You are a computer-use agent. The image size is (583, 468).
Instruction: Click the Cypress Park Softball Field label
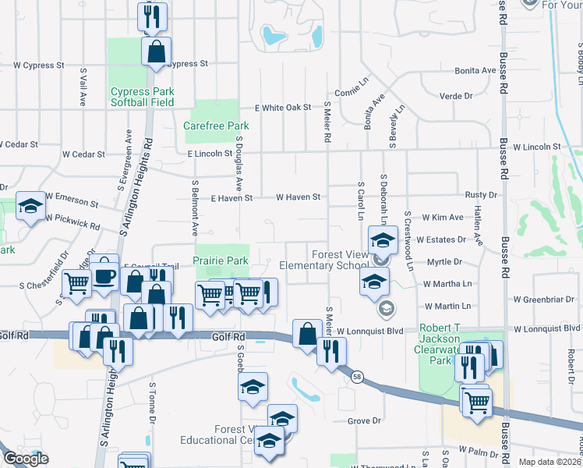point(142,97)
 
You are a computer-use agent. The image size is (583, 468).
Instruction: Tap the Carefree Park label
point(216,126)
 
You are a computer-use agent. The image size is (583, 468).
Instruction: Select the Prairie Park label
point(221,261)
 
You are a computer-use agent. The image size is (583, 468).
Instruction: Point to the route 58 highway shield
point(357,378)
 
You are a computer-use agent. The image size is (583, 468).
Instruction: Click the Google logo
point(26,459)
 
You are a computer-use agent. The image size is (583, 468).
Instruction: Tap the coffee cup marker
point(104,275)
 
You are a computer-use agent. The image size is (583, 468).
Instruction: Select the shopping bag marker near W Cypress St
point(156,52)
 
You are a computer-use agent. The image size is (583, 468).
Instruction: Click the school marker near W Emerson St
point(31,206)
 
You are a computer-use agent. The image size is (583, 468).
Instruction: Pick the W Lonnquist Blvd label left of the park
point(373,331)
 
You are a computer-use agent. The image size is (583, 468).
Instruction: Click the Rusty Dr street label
point(481,195)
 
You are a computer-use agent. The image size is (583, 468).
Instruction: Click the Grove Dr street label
point(364,421)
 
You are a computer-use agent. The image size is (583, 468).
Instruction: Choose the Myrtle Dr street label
point(445,262)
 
